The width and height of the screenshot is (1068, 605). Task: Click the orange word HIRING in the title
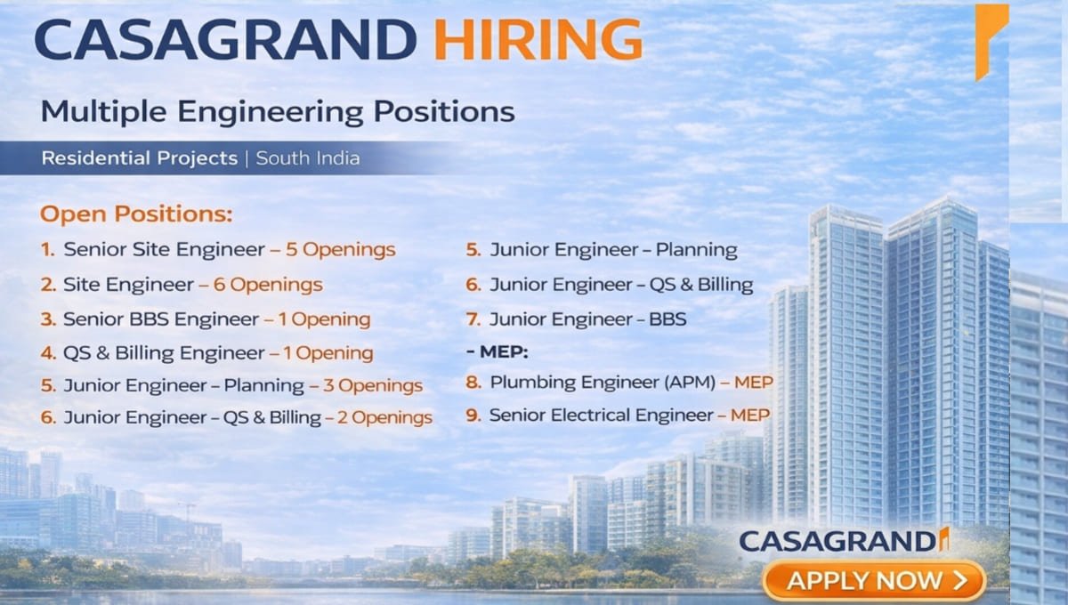click(x=538, y=40)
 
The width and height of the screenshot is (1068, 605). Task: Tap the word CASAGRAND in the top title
click(x=224, y=40)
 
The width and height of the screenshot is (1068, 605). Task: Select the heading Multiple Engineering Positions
click(x=278, y=112)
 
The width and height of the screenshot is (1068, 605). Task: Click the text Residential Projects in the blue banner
click(x=139, y=158)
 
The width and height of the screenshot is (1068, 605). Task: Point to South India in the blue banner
click(x=308, y=158)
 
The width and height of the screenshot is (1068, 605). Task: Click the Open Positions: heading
click(x=136, y=214)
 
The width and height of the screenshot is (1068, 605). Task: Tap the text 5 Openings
click(x=340, y=249)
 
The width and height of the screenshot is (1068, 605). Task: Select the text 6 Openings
click(x=267, y=285)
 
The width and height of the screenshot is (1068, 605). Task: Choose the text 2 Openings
click(x=384, y=417)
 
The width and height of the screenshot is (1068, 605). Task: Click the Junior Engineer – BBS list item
click(x=587, y=319)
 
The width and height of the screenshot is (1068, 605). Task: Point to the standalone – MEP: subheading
click(x=497, y=352)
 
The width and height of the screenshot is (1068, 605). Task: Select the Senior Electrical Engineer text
click(x=601, y=415)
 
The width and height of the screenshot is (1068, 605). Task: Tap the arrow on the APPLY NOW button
click(x=959, y=581)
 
